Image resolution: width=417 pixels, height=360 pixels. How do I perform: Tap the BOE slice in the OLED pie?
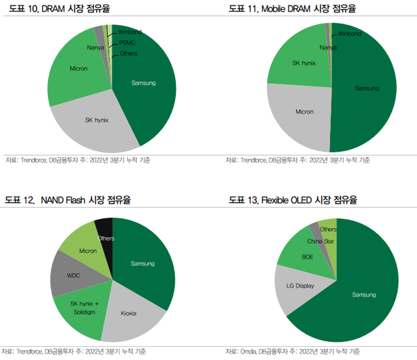coord(307,256)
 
